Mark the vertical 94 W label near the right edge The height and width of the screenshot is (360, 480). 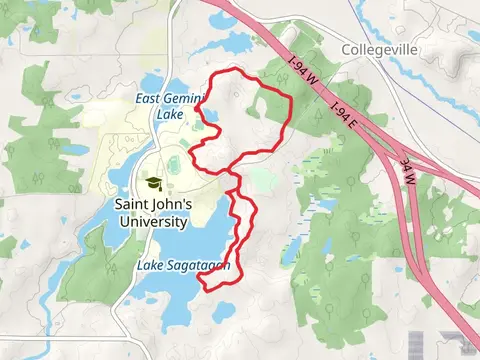point(407,169)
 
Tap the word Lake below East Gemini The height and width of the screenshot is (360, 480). point(171,115)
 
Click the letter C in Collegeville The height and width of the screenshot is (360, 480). point(346,49)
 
